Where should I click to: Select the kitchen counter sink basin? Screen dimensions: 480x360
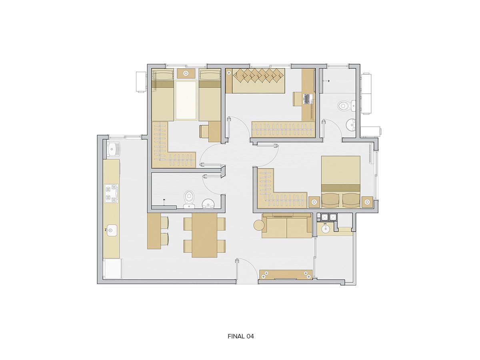pyautogui.click(x=111, y=230)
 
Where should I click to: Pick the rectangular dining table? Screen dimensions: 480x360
pyautogui.click(x=204, y=235)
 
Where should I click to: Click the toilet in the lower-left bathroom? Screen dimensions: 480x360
pyautogui.click(x=189, y=199)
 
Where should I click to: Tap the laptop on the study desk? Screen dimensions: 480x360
pyautogui.click(x=306, y=99)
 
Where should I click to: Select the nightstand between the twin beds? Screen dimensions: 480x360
pyautogui.click(x=186, y=73)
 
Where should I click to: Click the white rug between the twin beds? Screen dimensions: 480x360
pyautogui.click(x=186, y=100)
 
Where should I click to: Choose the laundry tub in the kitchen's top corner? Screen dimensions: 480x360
pyautogui.click(x=113, y=150)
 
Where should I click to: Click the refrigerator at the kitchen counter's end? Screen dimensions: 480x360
pyautogui.click(x=113, y=268)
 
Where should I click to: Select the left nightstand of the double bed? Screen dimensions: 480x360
pyautogui.click(x=314, y=202)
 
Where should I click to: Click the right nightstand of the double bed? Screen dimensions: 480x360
pyautogui.click(x=367, y=202)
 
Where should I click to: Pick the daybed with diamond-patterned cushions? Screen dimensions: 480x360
pyautogui.click(x=255, y=81)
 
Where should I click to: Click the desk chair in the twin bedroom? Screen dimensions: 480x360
pyautogui.click(x=204, y=132)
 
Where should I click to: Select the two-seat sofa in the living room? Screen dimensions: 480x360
pyautogui.click(x=287, y=226)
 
